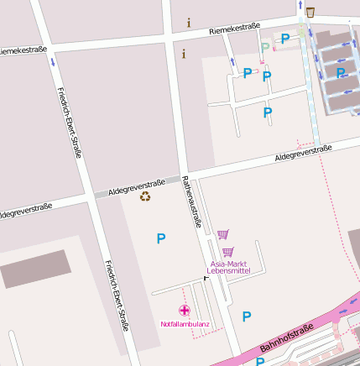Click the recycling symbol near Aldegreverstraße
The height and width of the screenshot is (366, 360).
(145, 196)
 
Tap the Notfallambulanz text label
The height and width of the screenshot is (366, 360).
(184, 323)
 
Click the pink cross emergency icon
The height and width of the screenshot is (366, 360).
(185, 311)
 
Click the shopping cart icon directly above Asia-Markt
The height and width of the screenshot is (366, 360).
(227, 252)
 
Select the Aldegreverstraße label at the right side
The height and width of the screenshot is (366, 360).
(303, 153)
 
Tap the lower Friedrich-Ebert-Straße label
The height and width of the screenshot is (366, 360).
(116, 295)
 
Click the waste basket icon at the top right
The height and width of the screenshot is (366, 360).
(311, 12)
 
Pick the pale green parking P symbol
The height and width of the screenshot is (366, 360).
(266, 48)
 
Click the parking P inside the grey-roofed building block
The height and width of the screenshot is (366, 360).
(341, 72)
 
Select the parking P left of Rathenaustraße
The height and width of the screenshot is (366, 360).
(160, 238)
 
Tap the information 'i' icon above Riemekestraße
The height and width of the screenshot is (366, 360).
(189, 22)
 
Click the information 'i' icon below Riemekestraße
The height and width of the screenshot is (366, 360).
(184, 54)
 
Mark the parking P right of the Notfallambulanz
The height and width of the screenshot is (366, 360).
(247, 316)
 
